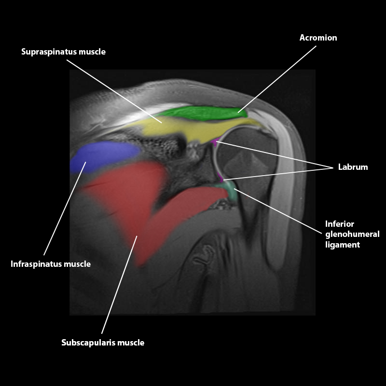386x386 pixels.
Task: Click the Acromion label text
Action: [318, 38]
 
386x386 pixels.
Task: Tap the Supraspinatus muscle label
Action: [63, 52]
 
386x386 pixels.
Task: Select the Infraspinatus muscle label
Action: [51, 264]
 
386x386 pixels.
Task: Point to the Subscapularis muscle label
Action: [103, 343]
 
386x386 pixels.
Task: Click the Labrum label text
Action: [353, 167]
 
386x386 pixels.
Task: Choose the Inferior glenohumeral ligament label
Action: [352, 234]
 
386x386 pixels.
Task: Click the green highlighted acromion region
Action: [203, 113]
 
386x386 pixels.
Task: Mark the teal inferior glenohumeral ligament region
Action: [230, 188]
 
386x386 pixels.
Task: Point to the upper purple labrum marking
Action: [216, 142]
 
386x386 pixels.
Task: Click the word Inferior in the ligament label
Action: [340, 224]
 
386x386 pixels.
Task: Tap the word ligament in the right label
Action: [343, 245]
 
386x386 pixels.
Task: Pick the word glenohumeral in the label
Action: [352, 234]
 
